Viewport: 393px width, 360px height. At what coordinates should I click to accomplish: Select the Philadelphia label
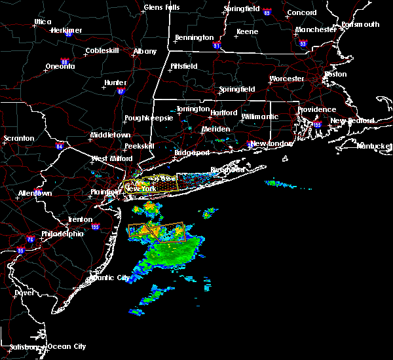point(63,234)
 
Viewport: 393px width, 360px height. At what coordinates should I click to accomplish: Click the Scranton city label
point(18,139)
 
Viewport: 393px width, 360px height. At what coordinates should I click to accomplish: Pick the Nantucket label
point(374,145)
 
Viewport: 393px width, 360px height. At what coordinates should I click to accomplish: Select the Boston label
point(335,74)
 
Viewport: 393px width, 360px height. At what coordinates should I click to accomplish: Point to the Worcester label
point(287,79)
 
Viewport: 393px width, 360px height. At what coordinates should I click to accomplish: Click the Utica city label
point(43,22)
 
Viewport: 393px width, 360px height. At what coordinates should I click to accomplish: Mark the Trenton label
point(80,220)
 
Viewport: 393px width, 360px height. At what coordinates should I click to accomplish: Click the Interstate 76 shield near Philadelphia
point(30,240)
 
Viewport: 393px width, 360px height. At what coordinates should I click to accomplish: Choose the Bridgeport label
point(192,153)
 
